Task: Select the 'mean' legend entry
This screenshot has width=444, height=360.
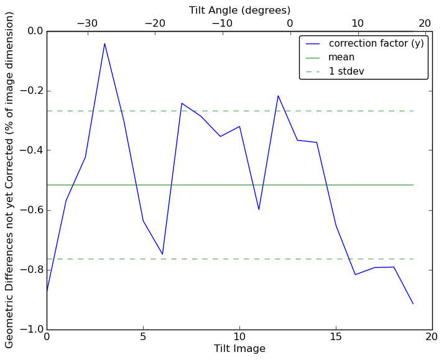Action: pos(341,57)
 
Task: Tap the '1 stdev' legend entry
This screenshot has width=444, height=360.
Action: pos(346,72)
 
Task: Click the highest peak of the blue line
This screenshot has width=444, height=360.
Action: pos(104,43)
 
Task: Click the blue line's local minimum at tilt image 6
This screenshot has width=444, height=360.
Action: pos(162,254)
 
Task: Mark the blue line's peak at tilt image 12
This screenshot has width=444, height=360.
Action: pos(278,96)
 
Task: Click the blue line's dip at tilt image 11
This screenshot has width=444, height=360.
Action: pos(259,210)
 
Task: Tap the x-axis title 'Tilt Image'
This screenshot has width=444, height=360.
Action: pos(239,349)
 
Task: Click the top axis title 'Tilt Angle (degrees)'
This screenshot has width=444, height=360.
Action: pos(239,10)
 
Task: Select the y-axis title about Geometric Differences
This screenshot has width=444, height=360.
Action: pos(10,180)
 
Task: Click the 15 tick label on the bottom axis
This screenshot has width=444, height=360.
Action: pos(336,338)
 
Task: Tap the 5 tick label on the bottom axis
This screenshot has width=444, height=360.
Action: pos(143,338)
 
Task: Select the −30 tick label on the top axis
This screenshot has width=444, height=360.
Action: pos(87,24)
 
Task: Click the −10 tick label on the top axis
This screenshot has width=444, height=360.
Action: pos(222,24)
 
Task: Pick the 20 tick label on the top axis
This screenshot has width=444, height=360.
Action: pos(425,24)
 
